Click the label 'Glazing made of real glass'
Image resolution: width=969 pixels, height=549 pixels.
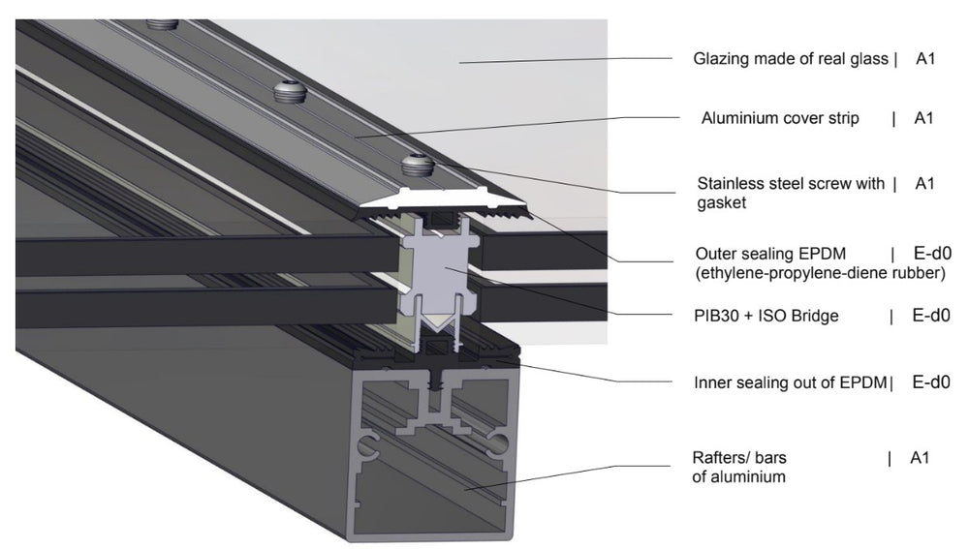[791, 59]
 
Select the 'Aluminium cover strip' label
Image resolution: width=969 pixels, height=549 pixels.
[780, 119]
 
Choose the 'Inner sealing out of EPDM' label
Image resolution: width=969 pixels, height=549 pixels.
[791, 382]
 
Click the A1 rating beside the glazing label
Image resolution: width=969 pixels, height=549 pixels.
[925, 59]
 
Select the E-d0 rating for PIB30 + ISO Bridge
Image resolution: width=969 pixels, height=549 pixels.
[931, 315]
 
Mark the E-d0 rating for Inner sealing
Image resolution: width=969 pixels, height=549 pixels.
[931, 382]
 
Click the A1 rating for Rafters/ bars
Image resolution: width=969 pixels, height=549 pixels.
[920, 457]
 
